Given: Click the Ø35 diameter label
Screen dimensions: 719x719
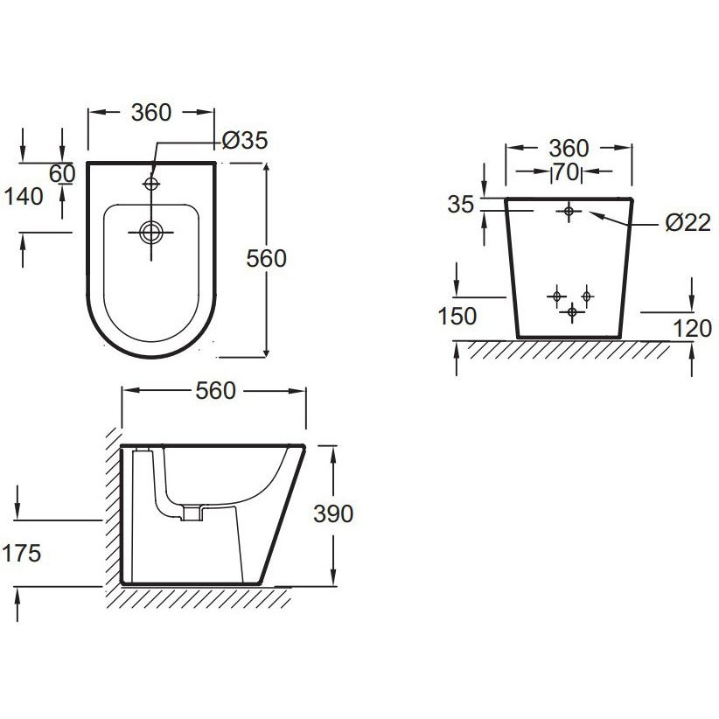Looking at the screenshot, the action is pyautogui.click(x=245, y=140).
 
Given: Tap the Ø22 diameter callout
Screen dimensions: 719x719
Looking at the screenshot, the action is pyautogui.click(x=688, y=223).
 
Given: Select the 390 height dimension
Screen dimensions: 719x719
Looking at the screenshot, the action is pyautogui.click(x=333, y=513).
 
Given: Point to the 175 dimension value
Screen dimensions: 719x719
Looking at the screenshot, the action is pyautogui.click(x=22, y=553).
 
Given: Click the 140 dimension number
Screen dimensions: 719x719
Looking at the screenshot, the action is pyautogui.click(x=24, y=197).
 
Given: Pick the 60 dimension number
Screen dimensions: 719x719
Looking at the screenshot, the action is pyautogui.click(x=62, y=174).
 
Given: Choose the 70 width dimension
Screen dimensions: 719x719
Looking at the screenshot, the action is pyautogui.click(x=566, y=172).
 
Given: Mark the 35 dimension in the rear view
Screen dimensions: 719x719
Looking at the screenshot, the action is pyautogui.click(x=461, y=205).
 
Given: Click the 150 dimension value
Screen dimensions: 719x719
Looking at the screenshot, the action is pyautogui.click(x=457, y=317).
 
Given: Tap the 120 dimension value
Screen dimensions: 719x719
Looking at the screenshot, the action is pyautogui.click(x=693, y=329).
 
